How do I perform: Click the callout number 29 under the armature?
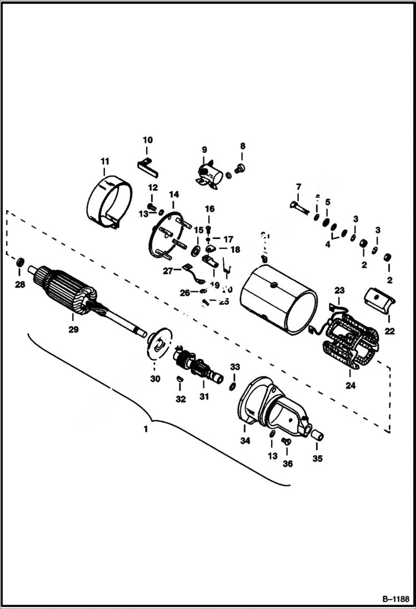pos(73,329)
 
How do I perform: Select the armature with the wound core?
pos(69,291)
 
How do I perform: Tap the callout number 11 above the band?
pos(104,162)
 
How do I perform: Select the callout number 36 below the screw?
pos(287,464)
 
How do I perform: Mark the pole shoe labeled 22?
pos(380,300)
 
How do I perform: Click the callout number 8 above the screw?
pos(242,147)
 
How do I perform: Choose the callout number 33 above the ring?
pos(235,367)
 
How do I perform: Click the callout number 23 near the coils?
pos(339,290)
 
